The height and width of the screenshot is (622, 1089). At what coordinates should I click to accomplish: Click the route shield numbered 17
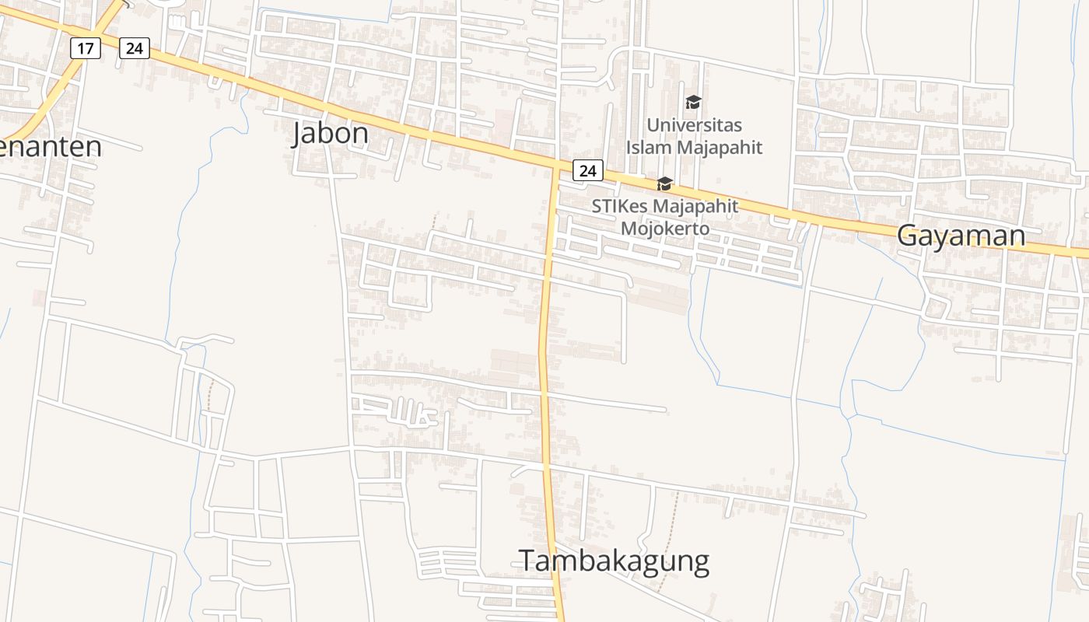coord(86,48)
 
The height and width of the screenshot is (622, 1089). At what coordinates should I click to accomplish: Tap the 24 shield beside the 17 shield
coord(135,48)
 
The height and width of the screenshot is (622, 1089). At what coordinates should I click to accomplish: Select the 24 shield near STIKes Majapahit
coord(588,170)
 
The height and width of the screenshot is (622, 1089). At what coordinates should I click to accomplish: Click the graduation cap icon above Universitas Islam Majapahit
coord(693,102)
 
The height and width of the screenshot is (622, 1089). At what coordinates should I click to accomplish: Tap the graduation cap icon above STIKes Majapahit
coord(664,183)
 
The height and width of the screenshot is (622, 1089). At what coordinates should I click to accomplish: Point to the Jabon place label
coord(331,134)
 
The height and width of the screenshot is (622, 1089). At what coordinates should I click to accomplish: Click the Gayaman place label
coord(961,235)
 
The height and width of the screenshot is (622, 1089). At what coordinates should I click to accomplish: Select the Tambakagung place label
coord(614,561)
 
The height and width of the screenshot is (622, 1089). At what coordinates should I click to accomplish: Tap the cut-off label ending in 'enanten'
coord(51,146)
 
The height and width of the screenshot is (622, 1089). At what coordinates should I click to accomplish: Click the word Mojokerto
coord(665,229)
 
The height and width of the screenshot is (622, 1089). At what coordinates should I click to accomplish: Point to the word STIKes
coord(619,207)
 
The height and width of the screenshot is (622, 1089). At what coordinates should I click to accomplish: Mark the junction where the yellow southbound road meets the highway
coord(555,166)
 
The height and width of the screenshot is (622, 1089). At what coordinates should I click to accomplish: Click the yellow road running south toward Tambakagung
coord(544,350)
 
